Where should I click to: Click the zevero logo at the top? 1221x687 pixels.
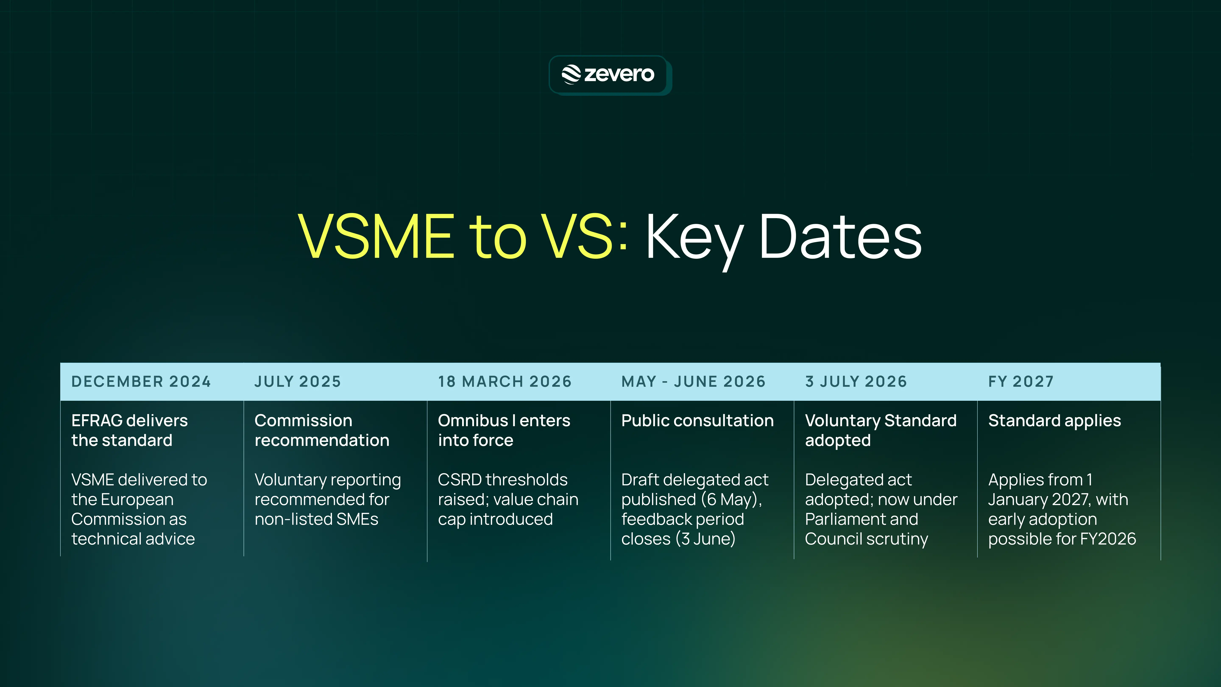608,74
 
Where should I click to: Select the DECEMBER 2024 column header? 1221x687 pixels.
141,382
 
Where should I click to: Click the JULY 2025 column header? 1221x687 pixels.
298,382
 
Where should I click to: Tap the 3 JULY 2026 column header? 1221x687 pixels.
856,382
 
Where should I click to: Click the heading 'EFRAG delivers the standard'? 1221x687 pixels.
129,430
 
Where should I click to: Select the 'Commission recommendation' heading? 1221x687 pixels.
322,430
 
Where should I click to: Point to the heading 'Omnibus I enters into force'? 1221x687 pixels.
504,430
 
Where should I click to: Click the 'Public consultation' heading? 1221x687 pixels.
697,420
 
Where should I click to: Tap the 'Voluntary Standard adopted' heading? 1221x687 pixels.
881,430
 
